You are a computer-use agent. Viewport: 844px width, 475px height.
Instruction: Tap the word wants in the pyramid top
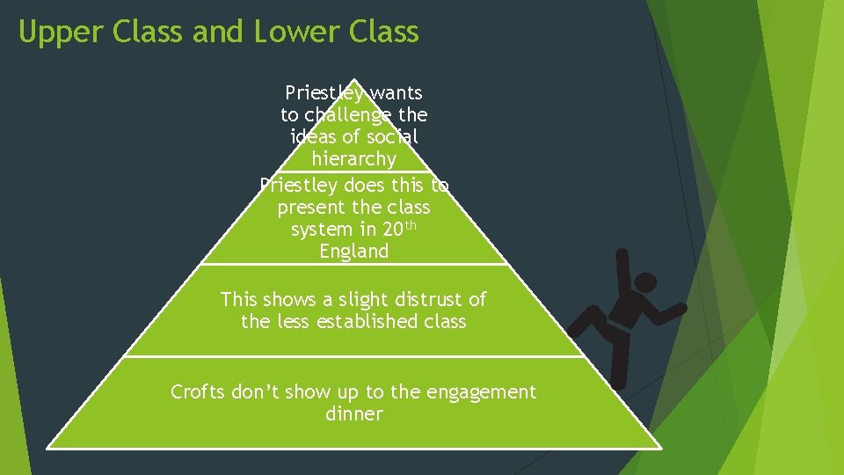coord(397,92)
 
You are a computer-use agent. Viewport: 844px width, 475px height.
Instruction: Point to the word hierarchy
coord(353,159)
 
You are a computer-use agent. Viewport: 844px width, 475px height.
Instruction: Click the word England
coord(353,252)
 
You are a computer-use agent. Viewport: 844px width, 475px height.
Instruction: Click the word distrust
coord(406,299)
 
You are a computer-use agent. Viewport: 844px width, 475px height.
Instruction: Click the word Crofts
coord(198,391)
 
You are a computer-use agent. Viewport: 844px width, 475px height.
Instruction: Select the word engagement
coord(481,392)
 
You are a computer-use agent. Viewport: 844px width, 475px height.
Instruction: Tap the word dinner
coord(353,414)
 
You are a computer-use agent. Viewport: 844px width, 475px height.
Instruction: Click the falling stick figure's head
coord(646,283)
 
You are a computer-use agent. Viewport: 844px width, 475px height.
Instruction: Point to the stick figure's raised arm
coord(623,269)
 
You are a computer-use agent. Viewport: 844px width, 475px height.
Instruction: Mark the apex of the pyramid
coord(353,78)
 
